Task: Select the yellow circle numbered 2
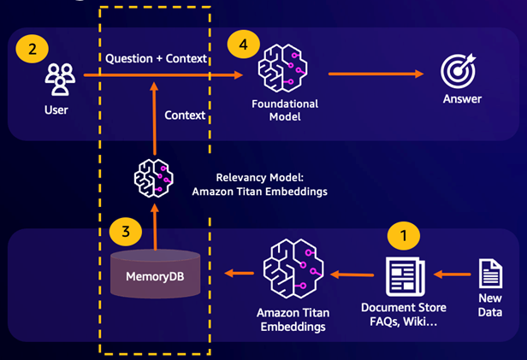(33, 49)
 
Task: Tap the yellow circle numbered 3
(124, 232)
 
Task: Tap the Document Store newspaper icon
(405, 276)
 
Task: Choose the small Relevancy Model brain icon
(154, 178)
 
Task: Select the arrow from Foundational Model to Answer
(376, 74)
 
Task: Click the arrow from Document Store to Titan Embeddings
(353, 274)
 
